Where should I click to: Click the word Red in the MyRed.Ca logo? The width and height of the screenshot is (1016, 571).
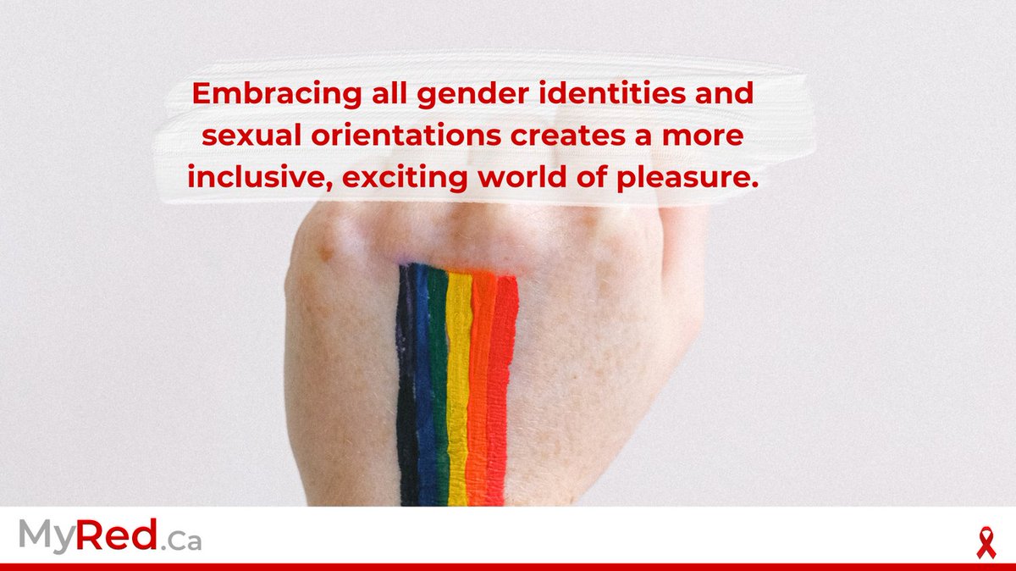pyautogui.click(x=118, y=536)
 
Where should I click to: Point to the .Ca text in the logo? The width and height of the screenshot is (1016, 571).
pyautogui.click(x=180, y=541)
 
